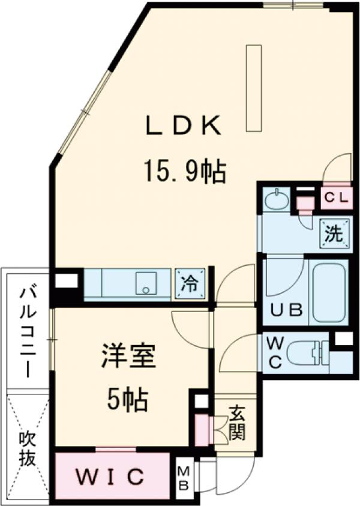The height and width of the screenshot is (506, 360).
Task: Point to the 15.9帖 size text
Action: tap(184, 173)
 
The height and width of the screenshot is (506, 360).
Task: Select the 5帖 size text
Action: tap(127, 399)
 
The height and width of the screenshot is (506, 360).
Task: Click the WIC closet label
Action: tap(110, 478)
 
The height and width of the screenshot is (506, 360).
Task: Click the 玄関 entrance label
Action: tap(237, 423)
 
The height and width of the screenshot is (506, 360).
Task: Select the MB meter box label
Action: tap(182, 478)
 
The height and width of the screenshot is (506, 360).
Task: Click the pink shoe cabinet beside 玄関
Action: tap(201, 429)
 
